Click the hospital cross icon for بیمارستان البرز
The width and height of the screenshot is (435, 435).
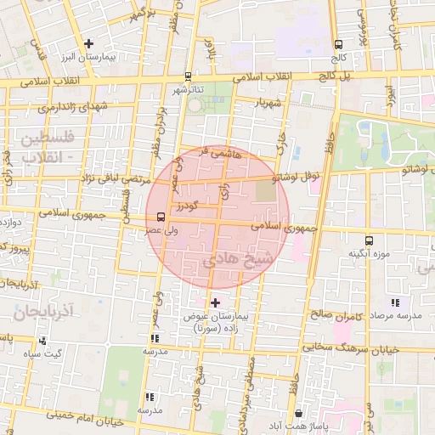pos(88,42)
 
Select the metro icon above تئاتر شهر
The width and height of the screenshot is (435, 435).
pos(188,76)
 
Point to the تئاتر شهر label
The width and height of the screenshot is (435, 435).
pos(190,88)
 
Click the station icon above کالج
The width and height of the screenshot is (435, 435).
pos(338,44)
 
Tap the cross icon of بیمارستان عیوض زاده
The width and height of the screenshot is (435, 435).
pos(214,302)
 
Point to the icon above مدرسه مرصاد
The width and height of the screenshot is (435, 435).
pos(395,302)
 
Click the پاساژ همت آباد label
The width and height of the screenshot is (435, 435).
pos(355,425)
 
